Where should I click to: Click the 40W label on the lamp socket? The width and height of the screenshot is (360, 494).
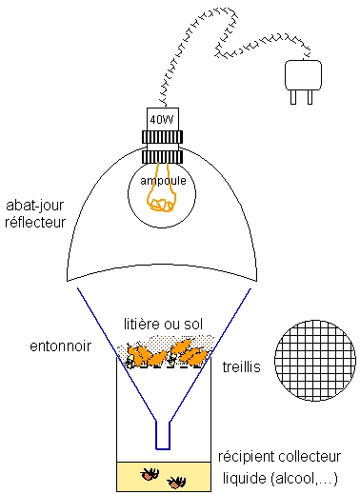pos(162,120)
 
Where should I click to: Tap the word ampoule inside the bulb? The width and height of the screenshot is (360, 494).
pos(163,181)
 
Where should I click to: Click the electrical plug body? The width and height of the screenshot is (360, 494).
pos(303,75)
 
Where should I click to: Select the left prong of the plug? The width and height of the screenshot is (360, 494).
pos(293,97)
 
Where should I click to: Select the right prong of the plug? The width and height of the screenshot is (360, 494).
pos(310,97)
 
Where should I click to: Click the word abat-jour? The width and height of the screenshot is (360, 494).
pos(34,206)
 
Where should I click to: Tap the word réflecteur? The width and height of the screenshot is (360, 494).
pos(35,222)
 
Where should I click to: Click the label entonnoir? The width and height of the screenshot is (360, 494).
pos(60,346)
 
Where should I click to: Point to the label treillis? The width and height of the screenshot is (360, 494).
pos(242,366)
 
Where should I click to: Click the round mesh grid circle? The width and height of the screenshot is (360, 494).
pos(315,361)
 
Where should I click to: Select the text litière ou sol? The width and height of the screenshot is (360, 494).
pos(163,325)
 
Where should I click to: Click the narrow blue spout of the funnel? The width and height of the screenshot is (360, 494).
pos(163,435)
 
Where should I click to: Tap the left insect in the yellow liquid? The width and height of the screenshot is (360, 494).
pos(150,473)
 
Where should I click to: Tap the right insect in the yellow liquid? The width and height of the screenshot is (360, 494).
pos(176,483)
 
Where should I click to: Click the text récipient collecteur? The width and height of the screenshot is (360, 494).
pos(279,457)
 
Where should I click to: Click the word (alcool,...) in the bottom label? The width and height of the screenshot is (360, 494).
pos(304,479)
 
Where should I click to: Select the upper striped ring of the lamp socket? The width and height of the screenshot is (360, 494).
pos(162,137)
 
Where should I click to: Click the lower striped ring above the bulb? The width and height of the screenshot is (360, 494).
pos(162,156)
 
